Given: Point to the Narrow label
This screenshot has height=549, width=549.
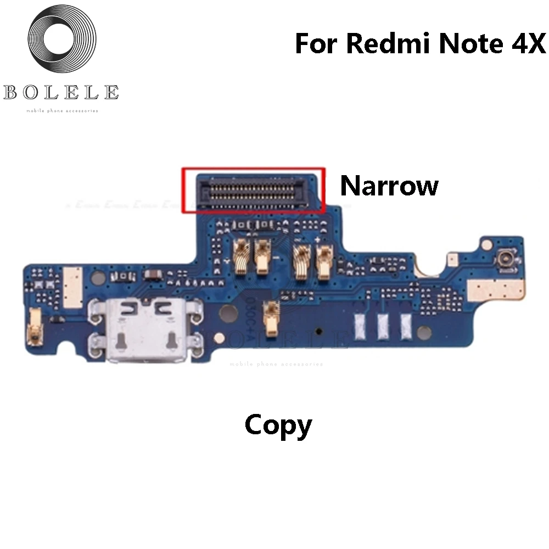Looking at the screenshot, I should click(x=389, y=186).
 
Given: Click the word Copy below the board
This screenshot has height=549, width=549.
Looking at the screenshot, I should click(x=278, y=426).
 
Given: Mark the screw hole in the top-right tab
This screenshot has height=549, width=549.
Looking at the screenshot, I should click(x=486, y=242).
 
